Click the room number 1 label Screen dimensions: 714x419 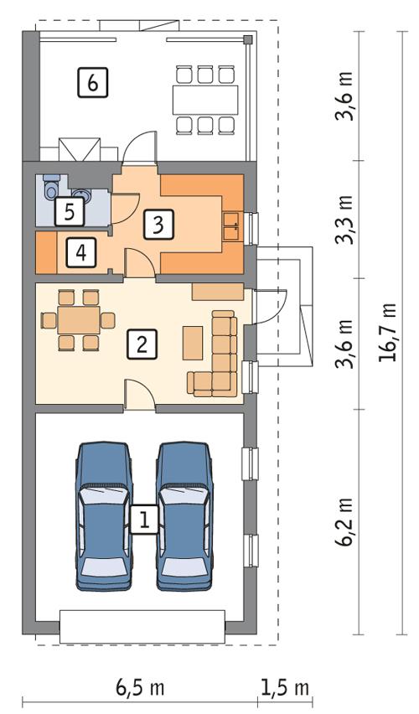(x=144, y=520)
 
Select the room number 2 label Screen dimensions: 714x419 (x=142, y=344)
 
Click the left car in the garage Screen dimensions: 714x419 (x=104, y=515)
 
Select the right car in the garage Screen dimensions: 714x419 (x=184, y=515)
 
